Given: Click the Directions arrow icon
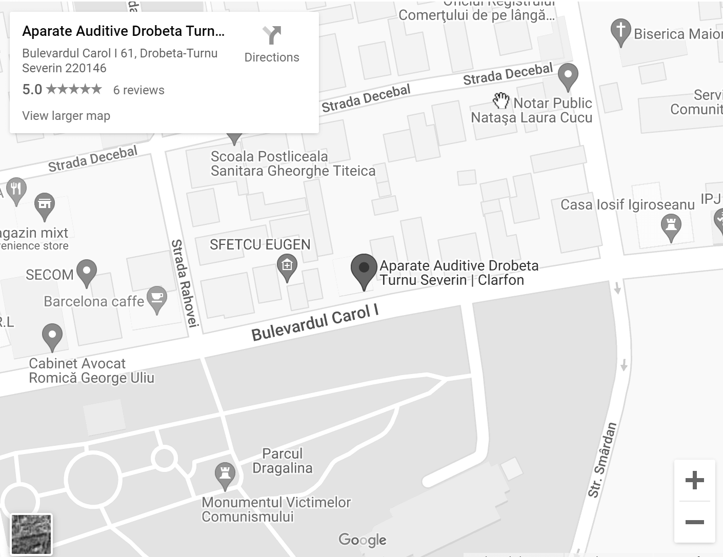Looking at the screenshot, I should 272,35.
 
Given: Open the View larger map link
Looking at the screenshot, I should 66,116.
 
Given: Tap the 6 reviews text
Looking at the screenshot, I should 138,90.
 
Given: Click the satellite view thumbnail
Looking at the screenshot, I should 31,534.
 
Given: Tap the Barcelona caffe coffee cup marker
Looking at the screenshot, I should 156,298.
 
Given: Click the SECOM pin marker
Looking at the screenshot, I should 86,272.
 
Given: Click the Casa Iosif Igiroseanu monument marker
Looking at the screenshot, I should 671,226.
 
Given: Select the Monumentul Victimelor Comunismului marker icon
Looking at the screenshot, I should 225,474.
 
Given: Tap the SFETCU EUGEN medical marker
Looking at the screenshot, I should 287,267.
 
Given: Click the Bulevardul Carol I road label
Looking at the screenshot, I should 315,322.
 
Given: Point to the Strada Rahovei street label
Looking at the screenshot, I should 185,282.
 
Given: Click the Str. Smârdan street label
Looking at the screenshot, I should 602,459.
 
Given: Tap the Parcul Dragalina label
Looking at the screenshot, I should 282,461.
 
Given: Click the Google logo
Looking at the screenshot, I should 363,540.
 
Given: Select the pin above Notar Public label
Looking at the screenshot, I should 568,76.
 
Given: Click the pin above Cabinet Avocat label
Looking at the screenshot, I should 52,336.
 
